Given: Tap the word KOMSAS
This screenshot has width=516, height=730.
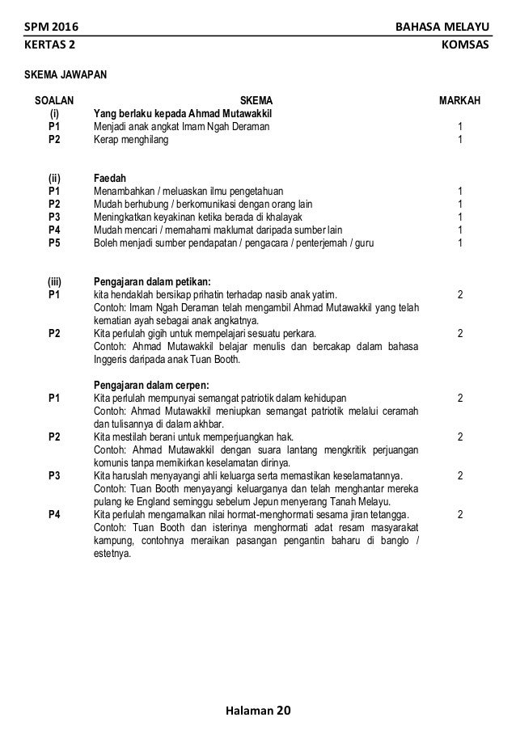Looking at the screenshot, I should tap(467, 45).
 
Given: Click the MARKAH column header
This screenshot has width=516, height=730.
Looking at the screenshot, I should tap(459, 100).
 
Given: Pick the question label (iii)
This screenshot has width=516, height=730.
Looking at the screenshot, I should tap(54, 281).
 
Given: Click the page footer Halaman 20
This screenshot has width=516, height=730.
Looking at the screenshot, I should tap(258, 711).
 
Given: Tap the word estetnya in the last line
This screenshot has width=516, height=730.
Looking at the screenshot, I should tap(113, 554).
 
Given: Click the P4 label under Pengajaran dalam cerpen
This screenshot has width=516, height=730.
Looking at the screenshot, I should tap(54, 514).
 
